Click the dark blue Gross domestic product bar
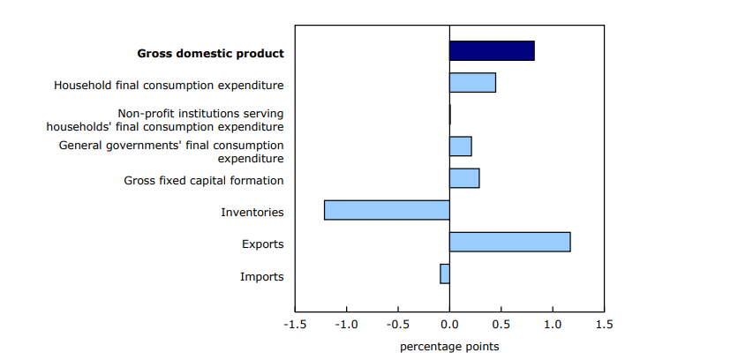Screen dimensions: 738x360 pos(492,51)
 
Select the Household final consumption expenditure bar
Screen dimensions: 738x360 pos(472,82)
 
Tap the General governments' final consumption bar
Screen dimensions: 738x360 pos(460,146)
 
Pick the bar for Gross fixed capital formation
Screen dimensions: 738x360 pos(464,178)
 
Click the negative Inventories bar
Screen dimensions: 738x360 pos(387,210)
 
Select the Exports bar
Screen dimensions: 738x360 pos(509,242)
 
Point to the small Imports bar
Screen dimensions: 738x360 pos(445,274)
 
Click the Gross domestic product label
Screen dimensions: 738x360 pos(210,54)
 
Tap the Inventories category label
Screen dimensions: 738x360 pos(252,213)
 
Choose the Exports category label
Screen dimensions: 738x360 pos(263,244)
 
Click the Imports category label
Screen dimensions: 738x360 pos(261,276)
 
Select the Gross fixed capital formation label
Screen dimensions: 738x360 pos(204,181)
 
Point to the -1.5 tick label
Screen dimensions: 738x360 pos(295,324)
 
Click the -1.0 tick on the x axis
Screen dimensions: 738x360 pos(346,324)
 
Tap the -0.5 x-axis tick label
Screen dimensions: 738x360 pos(398,324)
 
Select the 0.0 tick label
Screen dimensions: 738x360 pos(449,324)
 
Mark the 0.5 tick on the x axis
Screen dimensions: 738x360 pos(501,324)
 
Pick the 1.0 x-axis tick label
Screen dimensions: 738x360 pos(553,324)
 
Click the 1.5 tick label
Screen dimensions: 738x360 pos(605,324)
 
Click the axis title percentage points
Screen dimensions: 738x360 pos(449,348)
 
